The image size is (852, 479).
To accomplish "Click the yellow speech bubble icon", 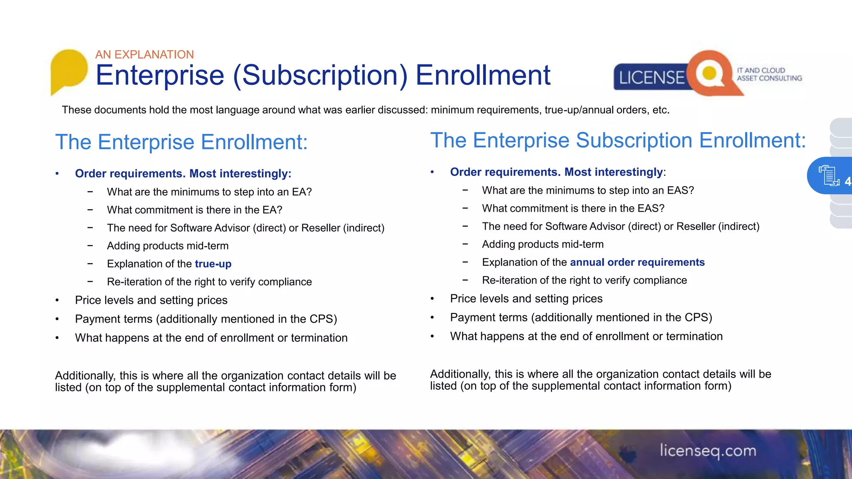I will [69, 70].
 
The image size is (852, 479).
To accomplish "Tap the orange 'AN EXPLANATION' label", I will [144, 54].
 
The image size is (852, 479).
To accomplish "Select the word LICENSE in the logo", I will [651, 78].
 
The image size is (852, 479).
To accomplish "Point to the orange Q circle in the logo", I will [709, 73].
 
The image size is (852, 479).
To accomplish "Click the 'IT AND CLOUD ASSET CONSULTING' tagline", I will [769, 74].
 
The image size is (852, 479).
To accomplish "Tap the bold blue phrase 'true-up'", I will [213, 264].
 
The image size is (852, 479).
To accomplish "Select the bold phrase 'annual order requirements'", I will [637, 262].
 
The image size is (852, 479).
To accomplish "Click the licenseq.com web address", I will [708, 451].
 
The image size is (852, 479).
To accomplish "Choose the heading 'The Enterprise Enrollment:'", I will [181, 142].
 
